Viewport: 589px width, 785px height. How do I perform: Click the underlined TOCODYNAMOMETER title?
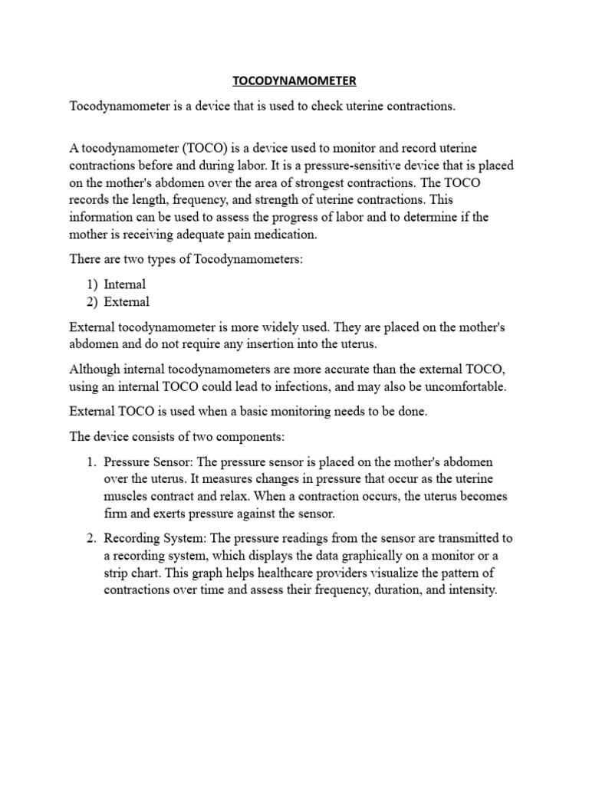tap(294, 80)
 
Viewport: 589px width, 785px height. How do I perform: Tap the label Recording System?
tap(155, 537)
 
